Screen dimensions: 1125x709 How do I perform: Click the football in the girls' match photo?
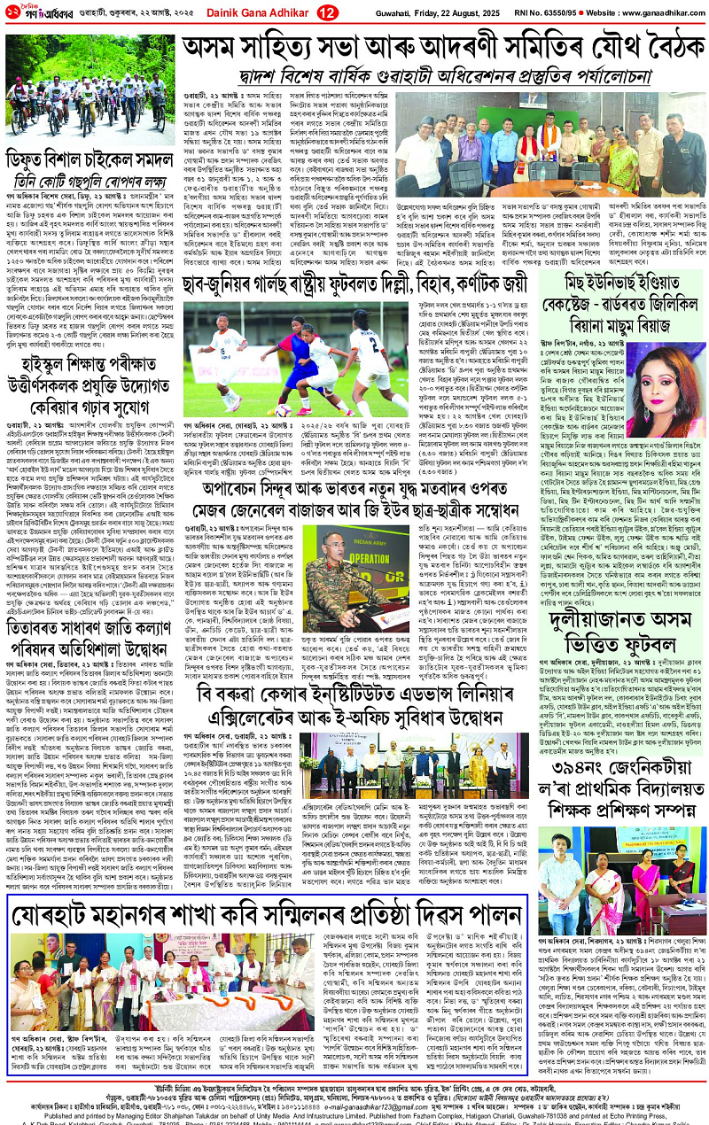(284, 410)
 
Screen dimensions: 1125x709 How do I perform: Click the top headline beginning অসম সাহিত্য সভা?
(433, 50)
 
